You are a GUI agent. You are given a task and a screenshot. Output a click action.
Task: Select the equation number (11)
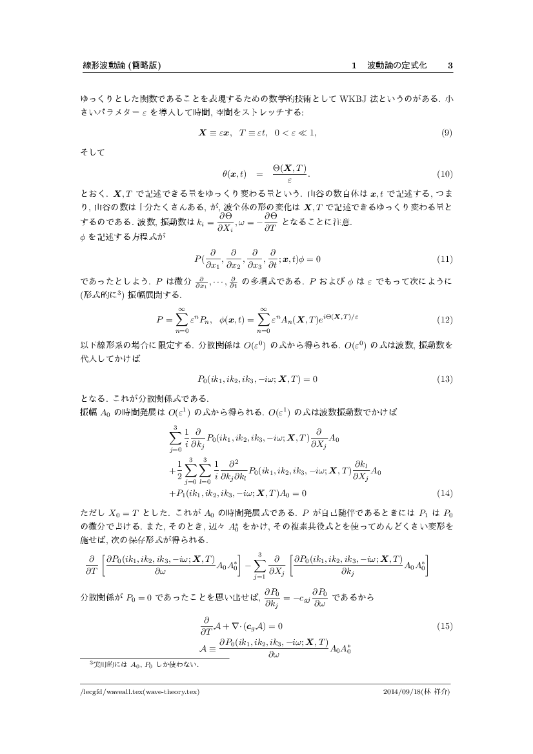tap(445, 259)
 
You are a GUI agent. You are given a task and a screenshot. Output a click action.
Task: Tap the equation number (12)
tap(445, 319)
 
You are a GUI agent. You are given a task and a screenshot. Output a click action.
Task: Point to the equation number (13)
tap(445, 379)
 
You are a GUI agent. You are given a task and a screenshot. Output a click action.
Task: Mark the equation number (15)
tap(445, 626)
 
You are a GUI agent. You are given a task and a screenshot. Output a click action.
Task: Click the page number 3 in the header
tap(450, 66)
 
